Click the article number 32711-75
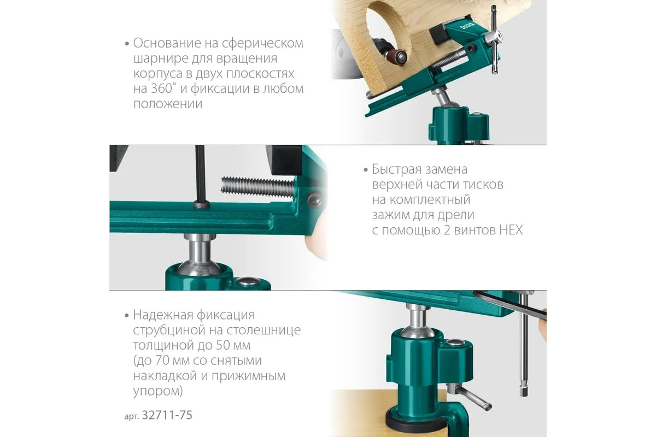(x=167, y=415)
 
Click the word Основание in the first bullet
(x=172, y=43)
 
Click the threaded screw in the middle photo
(x=257, y=187)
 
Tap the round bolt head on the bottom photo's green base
(x=454, y=341)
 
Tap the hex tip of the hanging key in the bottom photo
(x=524, y=391)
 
